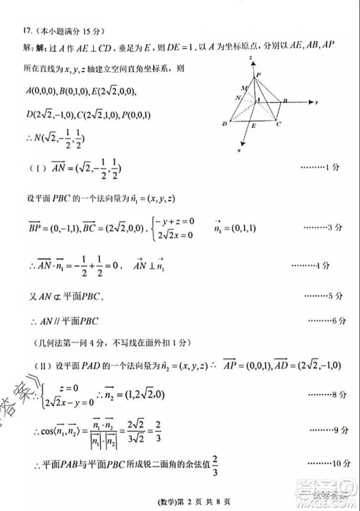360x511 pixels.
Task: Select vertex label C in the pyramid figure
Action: click(x=278, y=125)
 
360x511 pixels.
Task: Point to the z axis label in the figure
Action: click(x=249, y=56)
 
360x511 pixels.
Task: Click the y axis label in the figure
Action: click(x=316, y=103)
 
